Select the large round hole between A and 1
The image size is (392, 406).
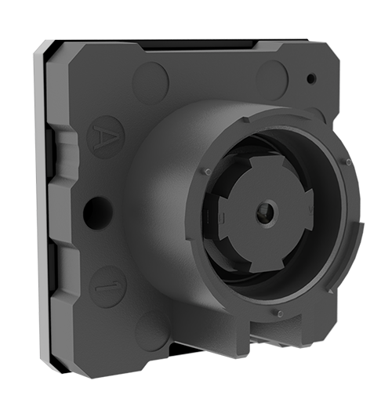pyautogui.click(x=96, y=212)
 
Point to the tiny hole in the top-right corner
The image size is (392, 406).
pyautogui.click(x=311, y=78)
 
